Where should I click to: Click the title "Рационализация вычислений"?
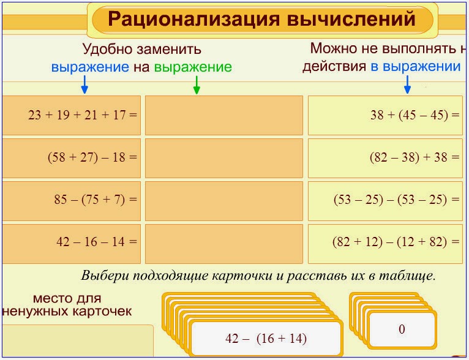pyautogui.click(x=262, y=19)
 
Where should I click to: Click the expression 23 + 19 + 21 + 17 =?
pyautogui.click(x=83, y=114)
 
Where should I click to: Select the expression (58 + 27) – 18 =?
pyautogui.click(x=92, y=157)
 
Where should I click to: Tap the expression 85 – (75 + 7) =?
pyautogui.click(x=96, y=200)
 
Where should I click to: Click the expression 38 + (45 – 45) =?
pyautogui.click(x=415, y=114)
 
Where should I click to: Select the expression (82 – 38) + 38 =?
pyautogui.click(x=414, y=157)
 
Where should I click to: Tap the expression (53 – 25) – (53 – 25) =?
pyautogui.click(x=397, y=200)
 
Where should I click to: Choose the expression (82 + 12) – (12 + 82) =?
pyautogui.click(x=396, y=242)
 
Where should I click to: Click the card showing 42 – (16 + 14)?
pyautogui.click(x=266, y=339)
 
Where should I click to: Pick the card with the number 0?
pyautogui.click(x=402, y=329)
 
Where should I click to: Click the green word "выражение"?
pyautogui.click(x=193, y=67)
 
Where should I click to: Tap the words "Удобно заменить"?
pyautogui.click(x=141, y=50)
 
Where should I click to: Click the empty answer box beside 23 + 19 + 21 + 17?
pyautogui.click(x=223, y=115)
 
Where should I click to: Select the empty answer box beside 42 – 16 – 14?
pyautogui.click(x=223, y=243)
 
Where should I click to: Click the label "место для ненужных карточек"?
pyautogui.click(x=67, y=305)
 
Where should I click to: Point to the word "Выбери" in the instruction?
pyautogui.click(x=102, y=276)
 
